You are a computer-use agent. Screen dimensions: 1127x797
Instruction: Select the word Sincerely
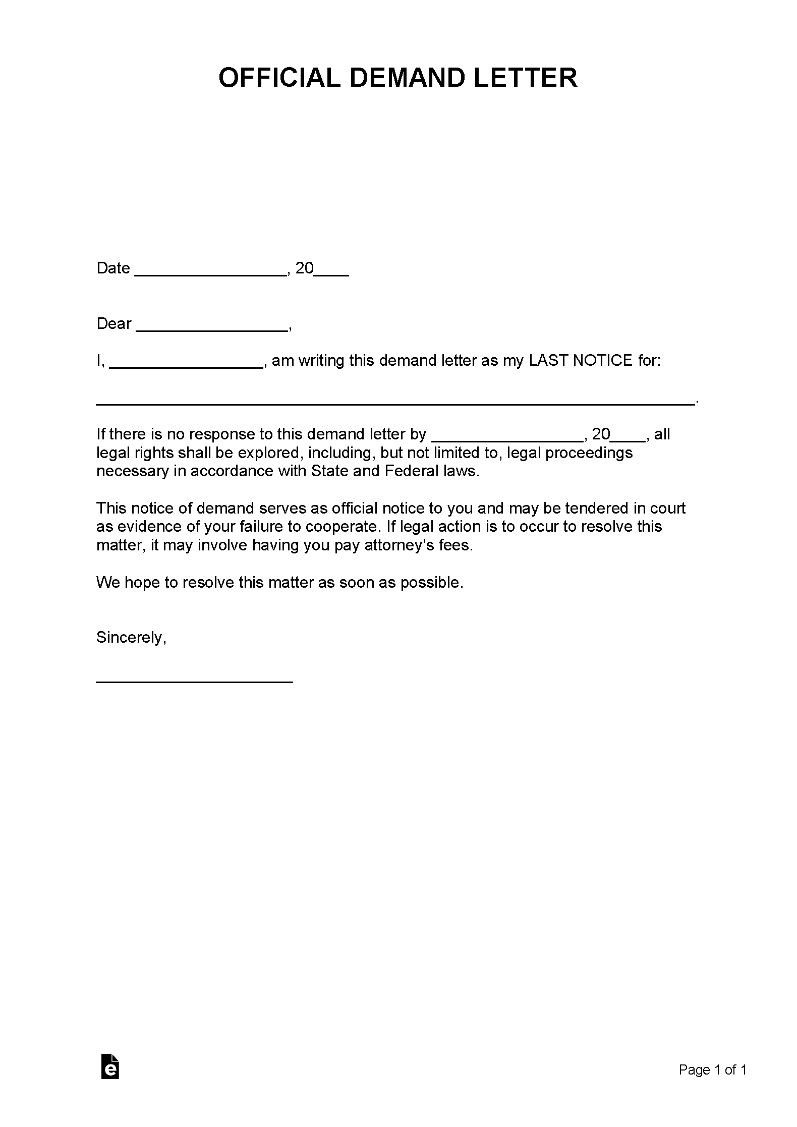[130, 638]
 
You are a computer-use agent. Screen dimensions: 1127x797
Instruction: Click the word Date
[113, 268]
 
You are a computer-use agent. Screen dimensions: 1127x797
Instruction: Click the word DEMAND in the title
[407, 78]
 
